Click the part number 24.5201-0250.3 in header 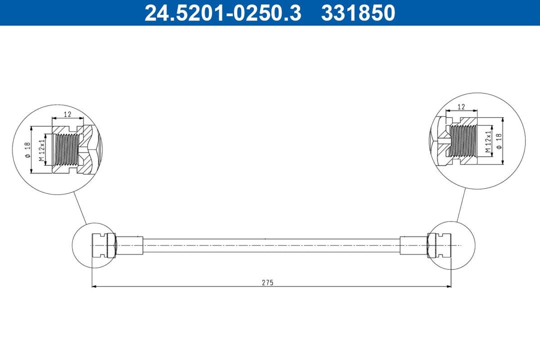click(x=222, y=13)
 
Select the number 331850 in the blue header click(x=358, y=13)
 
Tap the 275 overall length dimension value click(x=267, y=282)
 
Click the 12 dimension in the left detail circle click(x=67, y=114)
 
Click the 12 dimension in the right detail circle click(x=461, y=106)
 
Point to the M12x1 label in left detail click(x=42, y=150)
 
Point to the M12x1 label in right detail click(x=487, y=142)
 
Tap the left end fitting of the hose click(x=103, y=245)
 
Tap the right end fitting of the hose click(x=439, y=245)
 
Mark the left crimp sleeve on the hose click(x=129, y=245)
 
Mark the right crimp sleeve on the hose click(x=413, y=245)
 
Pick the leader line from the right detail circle click(x=461, y=205)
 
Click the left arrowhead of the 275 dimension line click(x=94, y=286)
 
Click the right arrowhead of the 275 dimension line click(x=449, y=286)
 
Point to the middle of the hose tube click(x=271, y=245)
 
